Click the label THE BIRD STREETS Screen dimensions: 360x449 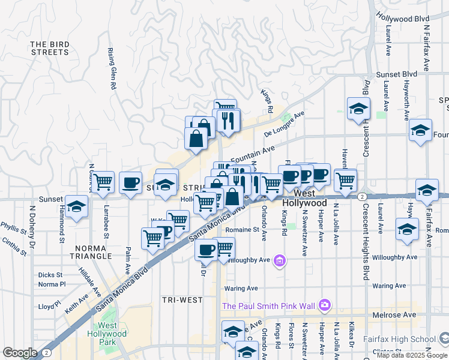tap(49, 48)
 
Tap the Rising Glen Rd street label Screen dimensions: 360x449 tap(112, 69)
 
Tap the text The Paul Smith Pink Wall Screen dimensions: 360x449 tap(268, 306)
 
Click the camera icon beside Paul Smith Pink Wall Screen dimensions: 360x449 tap(325, 305)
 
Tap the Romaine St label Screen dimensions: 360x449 tap(242, 229)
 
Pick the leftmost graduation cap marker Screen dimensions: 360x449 tap(76, 208)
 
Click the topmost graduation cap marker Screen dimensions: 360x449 tap(358, 109)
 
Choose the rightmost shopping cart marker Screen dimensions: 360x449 tap(345, 179)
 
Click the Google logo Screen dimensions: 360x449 tap(20, 353)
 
